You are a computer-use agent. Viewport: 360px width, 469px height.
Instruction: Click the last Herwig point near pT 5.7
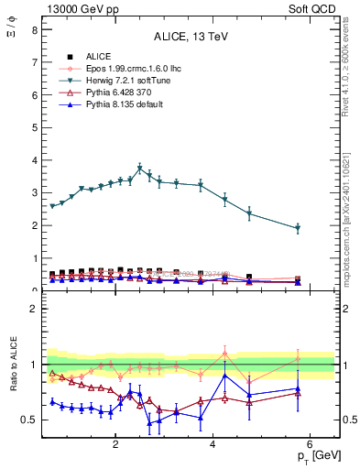pos(298,228)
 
